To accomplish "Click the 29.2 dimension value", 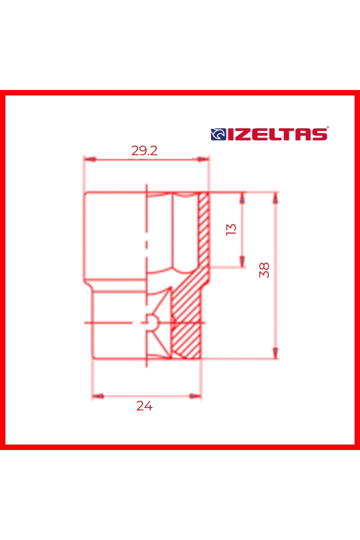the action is coord(144,151).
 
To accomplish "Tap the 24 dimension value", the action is coord(144,406).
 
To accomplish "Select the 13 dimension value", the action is coord(231,229).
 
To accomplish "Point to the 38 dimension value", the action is coord(264,270).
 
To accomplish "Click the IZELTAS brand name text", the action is coord(277,134).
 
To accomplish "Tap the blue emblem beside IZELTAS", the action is coord(218,134).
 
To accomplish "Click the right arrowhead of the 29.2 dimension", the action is coord(203,159).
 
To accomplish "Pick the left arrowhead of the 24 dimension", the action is coord(98,396).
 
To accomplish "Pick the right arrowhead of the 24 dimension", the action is coord(196,396).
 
